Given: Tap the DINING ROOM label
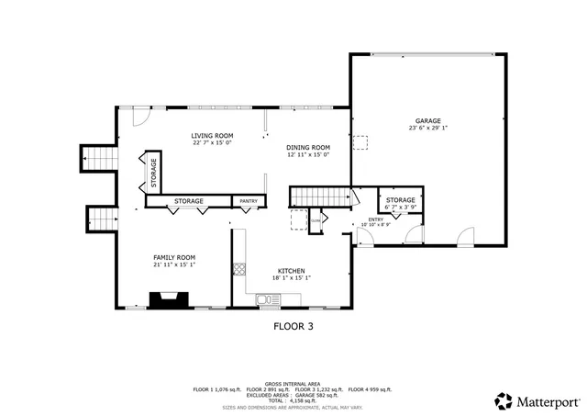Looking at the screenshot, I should coord(307,148).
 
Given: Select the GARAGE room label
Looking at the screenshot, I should coord(427,120).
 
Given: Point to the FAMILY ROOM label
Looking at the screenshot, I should coord(173,257).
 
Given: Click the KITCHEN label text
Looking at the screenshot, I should coord(292,271).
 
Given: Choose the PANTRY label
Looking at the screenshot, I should coord(249,201).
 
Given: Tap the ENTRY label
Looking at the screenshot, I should coord(376,219).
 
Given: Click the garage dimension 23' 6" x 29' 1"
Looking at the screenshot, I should coord(427,129).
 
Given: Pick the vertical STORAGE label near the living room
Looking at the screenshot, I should coord(154,172).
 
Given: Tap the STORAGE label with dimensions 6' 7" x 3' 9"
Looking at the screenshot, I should coord(400,200).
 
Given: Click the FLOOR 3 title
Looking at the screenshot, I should coord(293,325).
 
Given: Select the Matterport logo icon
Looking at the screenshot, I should coord(504,400).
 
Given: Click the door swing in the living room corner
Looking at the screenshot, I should coord(139,118).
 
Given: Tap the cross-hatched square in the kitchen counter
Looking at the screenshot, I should coord(239,269).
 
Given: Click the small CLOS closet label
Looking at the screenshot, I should coord(316,220).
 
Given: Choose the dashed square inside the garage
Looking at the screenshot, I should coord(361,141).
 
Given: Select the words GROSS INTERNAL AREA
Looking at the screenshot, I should coord(293,383).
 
